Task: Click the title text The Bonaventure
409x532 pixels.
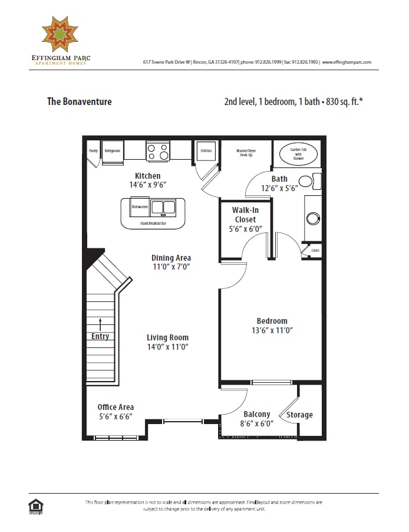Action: pos(79,101)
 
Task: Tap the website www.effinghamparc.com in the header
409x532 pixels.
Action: pos(347,62)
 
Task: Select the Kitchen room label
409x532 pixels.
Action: pos(147,176)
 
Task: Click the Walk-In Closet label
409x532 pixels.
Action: pos(245,215)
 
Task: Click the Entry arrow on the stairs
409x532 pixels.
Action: pos(100,324)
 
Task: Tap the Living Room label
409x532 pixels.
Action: pos(167,338)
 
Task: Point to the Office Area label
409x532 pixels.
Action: pos(116,407)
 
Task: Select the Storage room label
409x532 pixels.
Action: pos(299,415)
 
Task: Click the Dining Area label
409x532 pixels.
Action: pos(171,258)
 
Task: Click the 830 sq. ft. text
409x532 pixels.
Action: pos(342,101)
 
